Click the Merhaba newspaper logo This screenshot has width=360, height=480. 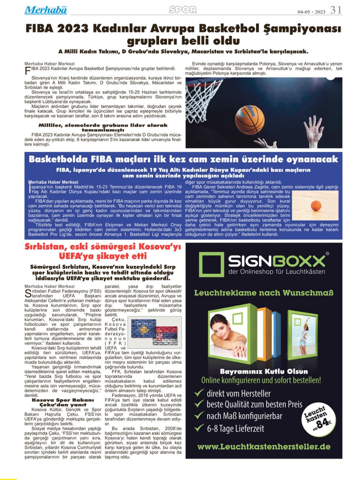point(46,10)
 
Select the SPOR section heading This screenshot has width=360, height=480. point(183,10)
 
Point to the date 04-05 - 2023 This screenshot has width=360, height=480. point(311,12)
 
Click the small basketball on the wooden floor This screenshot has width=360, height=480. point(316,205)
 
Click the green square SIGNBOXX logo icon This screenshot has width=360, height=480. point(211,265)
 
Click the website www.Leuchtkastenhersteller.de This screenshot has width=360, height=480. point(264,447)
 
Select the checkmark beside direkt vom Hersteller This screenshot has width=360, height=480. point(199,393)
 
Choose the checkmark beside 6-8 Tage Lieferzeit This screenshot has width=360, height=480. point(199,428)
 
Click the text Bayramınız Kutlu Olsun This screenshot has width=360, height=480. point(264,372)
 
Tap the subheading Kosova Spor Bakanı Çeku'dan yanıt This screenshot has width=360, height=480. point(63,402)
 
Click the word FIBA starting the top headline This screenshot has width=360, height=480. point(40,29)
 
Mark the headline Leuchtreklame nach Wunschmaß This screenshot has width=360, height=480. point(264,293)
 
